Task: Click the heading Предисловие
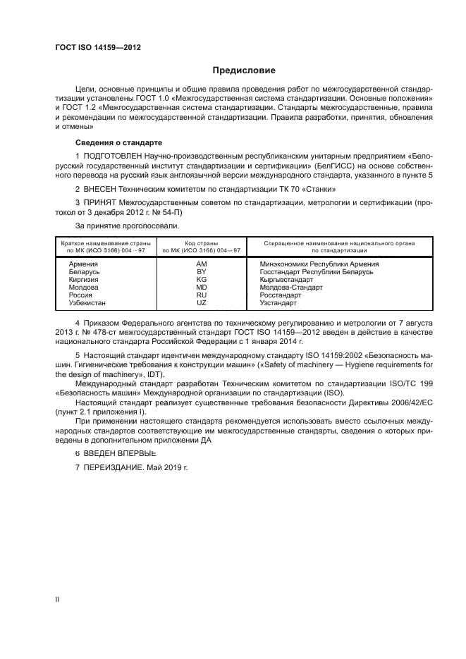pos(245,70)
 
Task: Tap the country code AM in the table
pos(201,264)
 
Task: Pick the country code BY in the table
pos(201,271)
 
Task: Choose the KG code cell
pos(201,279)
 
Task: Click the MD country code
pos(201,287)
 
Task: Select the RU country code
pos(201,295)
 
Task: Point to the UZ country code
pos(201,302)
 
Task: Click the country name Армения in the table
pos(83,264)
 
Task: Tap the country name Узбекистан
pos(88,302)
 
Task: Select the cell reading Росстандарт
pos(280,295)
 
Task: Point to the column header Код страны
pos(202,243)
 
